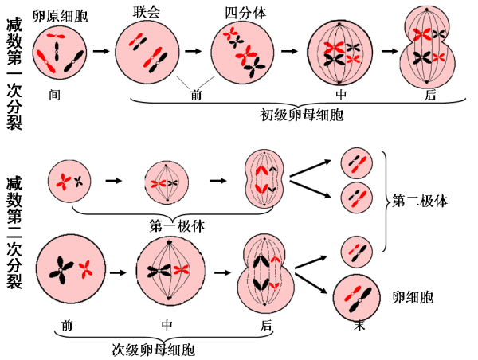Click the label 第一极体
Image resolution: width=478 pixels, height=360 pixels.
(x=177, y=225)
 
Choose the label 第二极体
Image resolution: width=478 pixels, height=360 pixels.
(x=420, y=202)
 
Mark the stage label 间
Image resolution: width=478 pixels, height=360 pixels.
(x=54, y=95)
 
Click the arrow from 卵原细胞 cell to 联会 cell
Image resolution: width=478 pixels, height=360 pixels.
(x=101, y=52)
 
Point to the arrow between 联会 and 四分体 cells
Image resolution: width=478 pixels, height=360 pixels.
(x=194, y=51)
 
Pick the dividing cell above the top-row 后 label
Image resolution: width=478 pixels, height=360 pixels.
(x=431, y=49)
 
